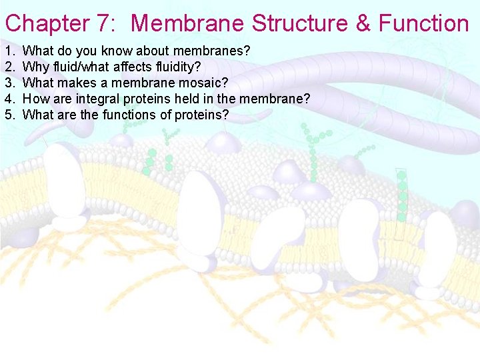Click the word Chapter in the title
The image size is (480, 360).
click(x=47, y=24)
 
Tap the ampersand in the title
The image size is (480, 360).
click(x=363, y=24)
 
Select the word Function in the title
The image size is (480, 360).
click(x=424, y=24)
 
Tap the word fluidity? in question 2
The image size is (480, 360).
click(x=178, y=67)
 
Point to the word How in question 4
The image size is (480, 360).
click(x=34, y=99)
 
